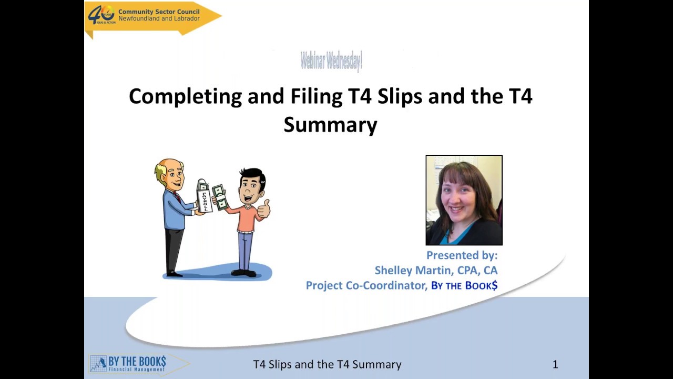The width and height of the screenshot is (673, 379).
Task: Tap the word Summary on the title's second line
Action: [330, 125]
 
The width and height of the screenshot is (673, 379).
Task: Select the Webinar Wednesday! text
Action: [331, 61]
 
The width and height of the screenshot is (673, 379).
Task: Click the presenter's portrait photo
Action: [464, 200]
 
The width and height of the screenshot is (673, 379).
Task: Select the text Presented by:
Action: [462, 255]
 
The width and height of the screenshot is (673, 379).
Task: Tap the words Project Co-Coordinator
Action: [366, 285]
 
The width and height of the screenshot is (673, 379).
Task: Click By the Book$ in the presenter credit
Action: [464, 285]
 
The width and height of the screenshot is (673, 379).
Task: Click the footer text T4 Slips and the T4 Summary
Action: [327, 364]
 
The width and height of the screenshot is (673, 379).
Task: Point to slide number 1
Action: [555, 364]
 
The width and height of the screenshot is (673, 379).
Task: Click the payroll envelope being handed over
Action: [204, 196]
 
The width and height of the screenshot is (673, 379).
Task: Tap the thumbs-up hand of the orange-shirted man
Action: [264, 209]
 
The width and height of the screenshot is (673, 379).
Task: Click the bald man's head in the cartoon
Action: [170, 173]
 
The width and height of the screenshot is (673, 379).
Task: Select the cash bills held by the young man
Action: [220, 197]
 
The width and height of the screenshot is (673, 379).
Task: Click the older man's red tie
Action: [177, 198]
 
